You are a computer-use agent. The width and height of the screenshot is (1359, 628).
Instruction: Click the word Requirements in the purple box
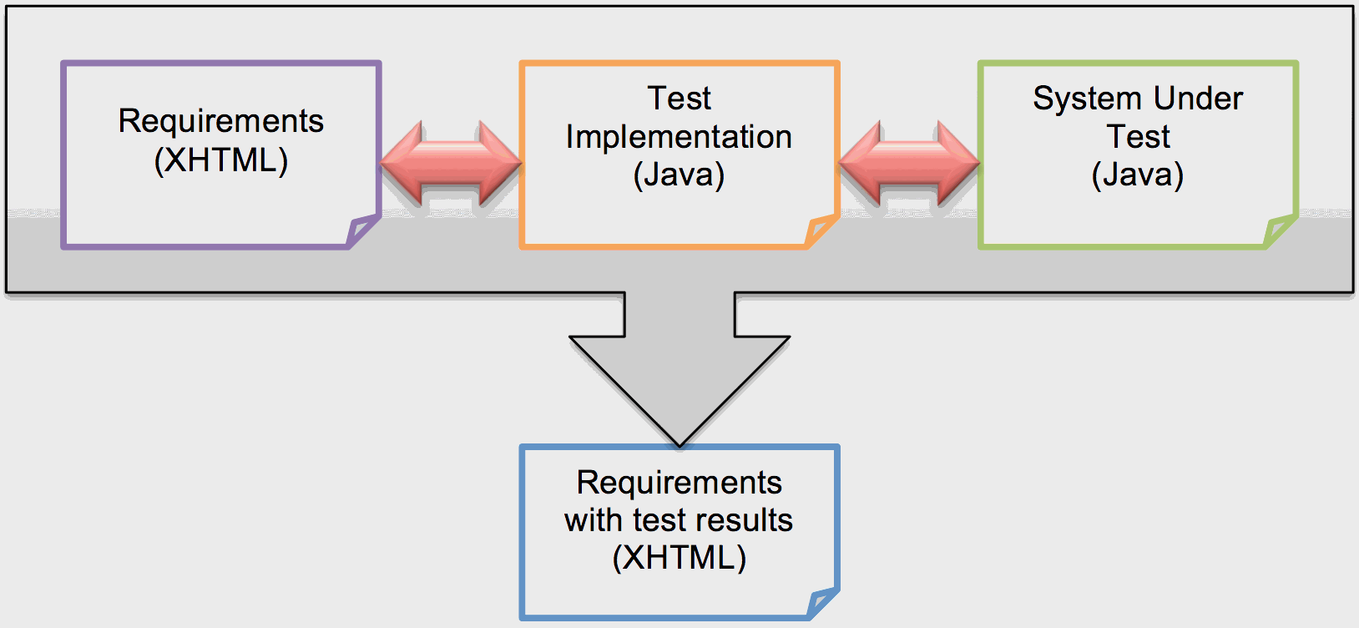220,121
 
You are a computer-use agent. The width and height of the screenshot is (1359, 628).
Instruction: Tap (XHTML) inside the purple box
220,160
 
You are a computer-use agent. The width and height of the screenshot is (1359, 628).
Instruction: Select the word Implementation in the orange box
679,137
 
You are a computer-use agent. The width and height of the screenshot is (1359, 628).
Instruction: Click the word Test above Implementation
679,99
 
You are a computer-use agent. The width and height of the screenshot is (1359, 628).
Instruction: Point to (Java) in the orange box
679,175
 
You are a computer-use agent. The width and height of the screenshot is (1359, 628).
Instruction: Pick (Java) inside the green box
1138,175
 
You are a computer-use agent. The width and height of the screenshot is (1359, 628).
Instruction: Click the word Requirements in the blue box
679,483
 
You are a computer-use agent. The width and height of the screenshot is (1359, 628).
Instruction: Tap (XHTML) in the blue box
679,557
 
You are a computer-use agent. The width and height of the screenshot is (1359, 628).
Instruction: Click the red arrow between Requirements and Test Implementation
451,164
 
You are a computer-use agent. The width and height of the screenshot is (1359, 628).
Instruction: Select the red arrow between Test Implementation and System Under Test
909,164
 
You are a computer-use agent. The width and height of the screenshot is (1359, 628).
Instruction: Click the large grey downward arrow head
679,384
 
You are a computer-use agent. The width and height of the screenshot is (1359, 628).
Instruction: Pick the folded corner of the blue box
822,602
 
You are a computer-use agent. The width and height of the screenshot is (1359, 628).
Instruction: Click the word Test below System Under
1138,137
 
